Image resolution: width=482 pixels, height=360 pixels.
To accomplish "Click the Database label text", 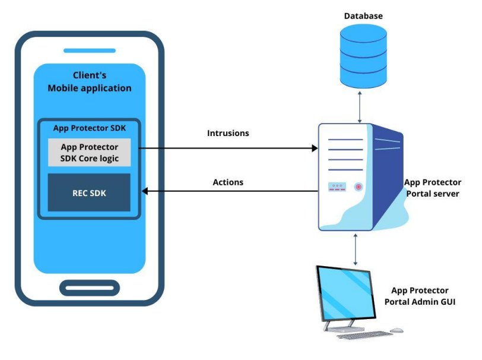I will pyautogui.click(x=363, y=15).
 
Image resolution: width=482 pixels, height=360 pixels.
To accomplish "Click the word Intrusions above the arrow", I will pyautogui.click(x=228, y=133).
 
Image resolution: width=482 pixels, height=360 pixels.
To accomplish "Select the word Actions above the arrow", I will pyautogui.click(x=229, y=181).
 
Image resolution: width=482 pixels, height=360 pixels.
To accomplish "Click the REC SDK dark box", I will pyautogui.click(x=89, y=192).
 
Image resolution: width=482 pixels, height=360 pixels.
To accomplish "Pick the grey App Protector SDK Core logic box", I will pyautogui.click(x=89, y=153).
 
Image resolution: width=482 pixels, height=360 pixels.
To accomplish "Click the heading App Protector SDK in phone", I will pyautogui.click(x=89, y=128).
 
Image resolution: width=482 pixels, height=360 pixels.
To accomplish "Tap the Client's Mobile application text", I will pyautogui.click(x=89, y=81).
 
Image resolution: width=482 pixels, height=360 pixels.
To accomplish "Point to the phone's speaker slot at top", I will pyautogui.click(x=89, y=50).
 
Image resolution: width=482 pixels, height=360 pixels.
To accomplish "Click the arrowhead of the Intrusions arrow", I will pyautogui.click(x=315, y=148).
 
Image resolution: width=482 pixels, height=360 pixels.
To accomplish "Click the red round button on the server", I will pyautogui.click(x=359, y=187).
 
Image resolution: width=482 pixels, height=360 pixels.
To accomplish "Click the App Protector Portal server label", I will pyautogui.click(x=432, y=188).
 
